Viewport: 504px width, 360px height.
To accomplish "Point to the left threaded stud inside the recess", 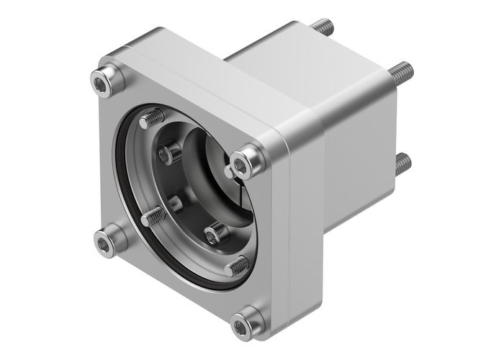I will pos(152,215).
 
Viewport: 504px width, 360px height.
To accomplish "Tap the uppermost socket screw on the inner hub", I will pos(170,153).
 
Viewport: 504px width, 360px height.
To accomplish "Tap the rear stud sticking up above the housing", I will pos(321,27).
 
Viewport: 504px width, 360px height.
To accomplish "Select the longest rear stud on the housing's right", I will pos(402,71).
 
